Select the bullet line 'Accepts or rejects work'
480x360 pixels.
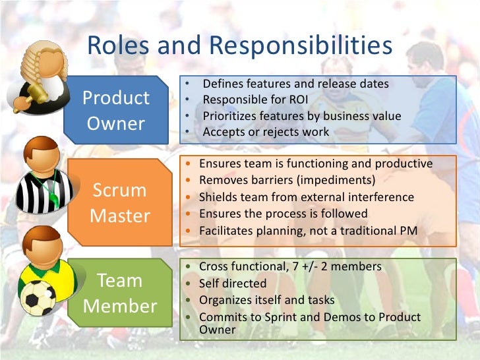(x=266, y=131)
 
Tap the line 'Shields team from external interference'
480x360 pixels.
(x=307, y=197)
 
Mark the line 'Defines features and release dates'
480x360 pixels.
(x=295, y=84)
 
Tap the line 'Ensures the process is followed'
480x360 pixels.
(x=284, y=214)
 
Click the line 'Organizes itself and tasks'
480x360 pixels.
(x=267, y=300)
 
